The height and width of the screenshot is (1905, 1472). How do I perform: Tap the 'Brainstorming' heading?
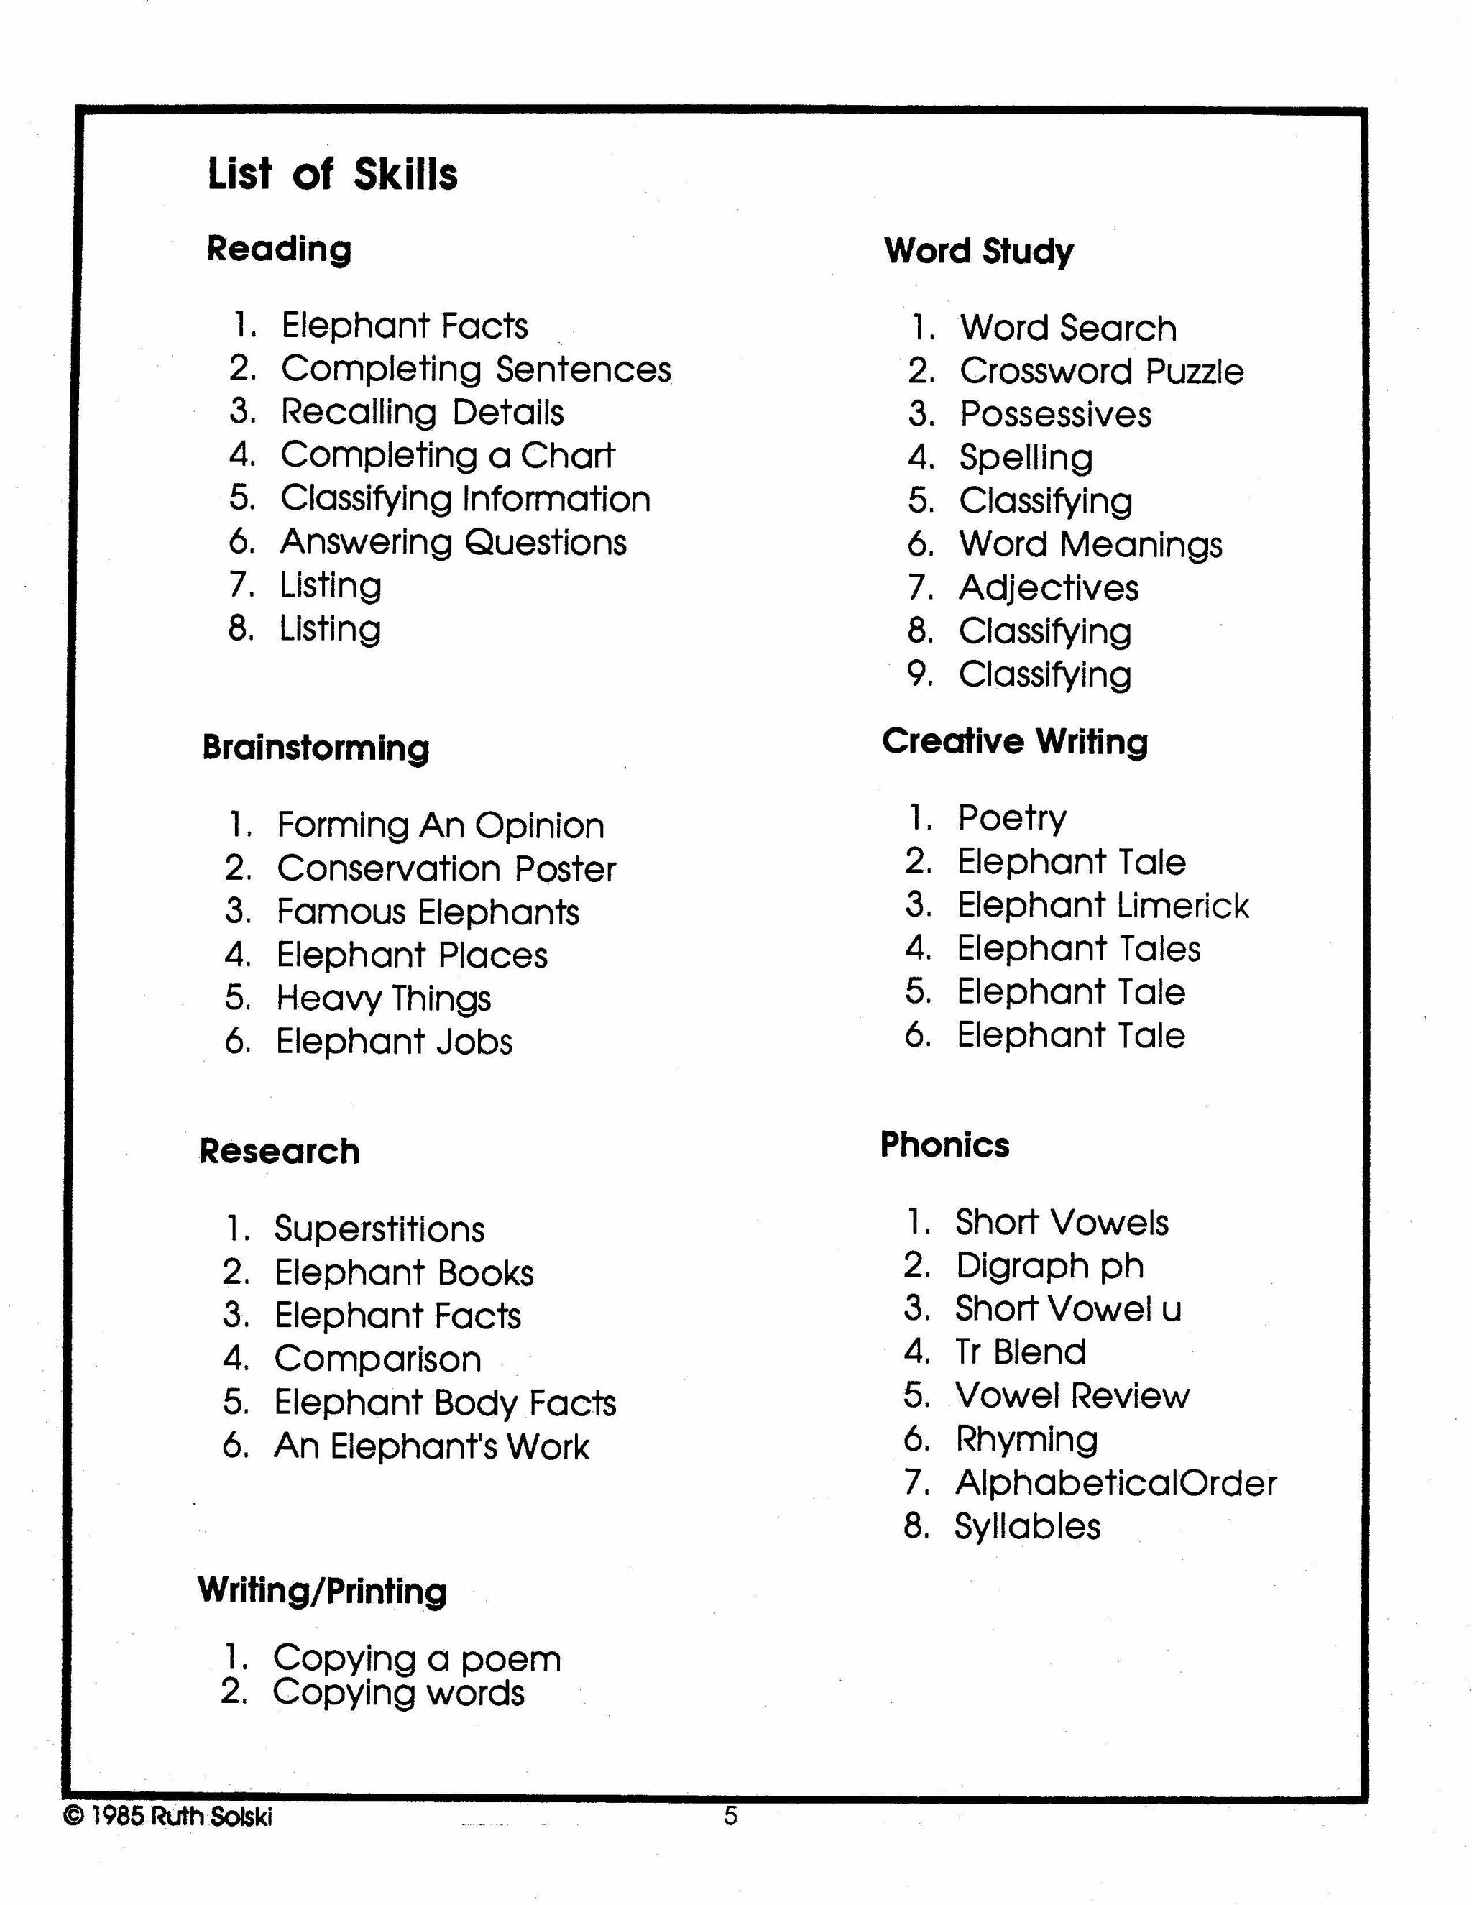316,748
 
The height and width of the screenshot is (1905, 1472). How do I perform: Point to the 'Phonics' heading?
944,1144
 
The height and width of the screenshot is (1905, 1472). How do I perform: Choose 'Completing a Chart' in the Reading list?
447,454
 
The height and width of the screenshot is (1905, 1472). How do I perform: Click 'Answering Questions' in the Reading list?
453,542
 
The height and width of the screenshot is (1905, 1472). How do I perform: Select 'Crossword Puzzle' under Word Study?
1100,372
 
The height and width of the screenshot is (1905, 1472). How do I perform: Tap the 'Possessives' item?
1055,414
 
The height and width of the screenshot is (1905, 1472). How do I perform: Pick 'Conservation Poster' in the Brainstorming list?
446,869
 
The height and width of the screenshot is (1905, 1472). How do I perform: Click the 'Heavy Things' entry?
384,998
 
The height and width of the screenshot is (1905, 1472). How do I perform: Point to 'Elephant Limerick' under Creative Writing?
1103,905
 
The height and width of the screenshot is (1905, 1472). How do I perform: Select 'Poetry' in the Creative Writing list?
1011,818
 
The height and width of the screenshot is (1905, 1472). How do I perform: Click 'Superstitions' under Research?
379,1229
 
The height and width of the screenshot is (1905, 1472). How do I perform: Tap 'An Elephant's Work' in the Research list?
432,1446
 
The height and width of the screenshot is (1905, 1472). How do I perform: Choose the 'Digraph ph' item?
1049,1266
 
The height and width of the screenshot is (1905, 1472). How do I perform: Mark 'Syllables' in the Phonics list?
1027,1526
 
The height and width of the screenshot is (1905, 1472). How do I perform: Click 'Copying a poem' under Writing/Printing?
417,1658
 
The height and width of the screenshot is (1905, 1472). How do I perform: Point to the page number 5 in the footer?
731,1816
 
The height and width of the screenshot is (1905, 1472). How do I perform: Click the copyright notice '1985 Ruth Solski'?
168,1816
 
